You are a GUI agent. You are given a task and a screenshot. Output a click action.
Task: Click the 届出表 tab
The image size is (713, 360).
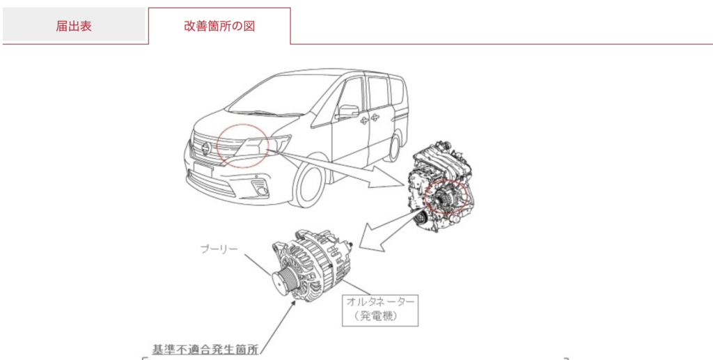click(x=74, y=26)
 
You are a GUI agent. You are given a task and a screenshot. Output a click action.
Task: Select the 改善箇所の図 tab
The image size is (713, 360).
click(x=219, y=26)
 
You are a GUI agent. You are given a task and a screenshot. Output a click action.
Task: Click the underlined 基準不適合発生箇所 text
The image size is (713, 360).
click(x=206, y=350)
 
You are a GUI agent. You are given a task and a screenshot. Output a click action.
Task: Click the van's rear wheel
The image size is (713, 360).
click(x=395, y=147)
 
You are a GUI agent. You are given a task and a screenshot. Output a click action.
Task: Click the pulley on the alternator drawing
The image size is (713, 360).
click(x=282, y=281)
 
